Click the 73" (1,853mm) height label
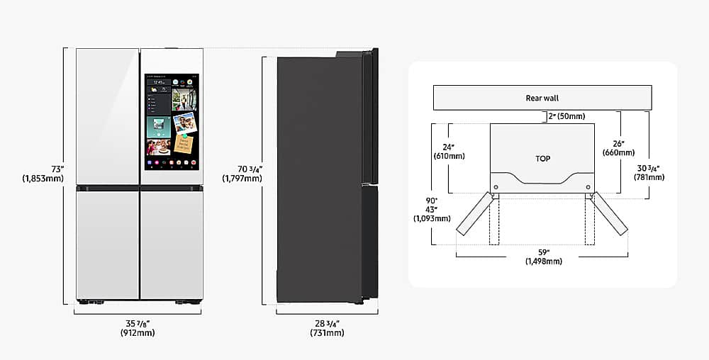(x=43, y=174)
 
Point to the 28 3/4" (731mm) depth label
(x=327, y=327)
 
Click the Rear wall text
(x=542, y=98)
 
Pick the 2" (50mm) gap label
(x=566, y=116)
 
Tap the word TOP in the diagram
(x=542, y=159)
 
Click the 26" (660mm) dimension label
(x=619, y=147)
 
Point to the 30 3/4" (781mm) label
(x=649, y=172)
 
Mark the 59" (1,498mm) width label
(x=543, y=256)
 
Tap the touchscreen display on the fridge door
(x=172, y=122)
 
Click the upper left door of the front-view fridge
(x=107, y=116)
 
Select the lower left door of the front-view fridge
(x=107, y=244)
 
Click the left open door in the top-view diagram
(x=474, y=214)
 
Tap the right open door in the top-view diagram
(x=610, y=214)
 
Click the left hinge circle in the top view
(x=495, y=186)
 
